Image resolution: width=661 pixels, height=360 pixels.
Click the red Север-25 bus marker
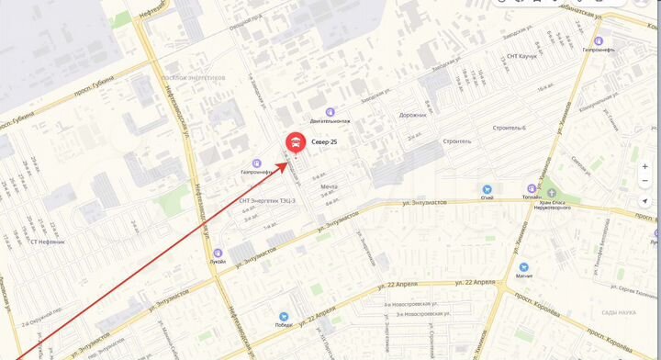tap(296, 141)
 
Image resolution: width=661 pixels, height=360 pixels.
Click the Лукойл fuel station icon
tap(218, 253)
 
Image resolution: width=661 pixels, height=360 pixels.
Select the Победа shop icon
tap(284, 315)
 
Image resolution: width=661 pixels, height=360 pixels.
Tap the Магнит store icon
tap(523, 265)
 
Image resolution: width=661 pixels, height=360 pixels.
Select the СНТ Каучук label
tap(521, 56)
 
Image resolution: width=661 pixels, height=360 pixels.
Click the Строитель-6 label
tap(510, 128)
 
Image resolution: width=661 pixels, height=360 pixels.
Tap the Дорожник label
tap(413, 115)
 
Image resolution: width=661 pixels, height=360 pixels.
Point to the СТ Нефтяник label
tap(45, 242)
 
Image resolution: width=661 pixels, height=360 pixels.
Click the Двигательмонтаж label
tap(330, 122)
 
